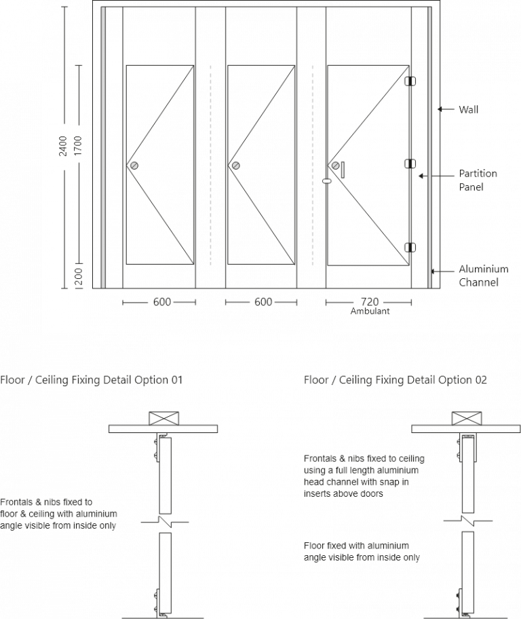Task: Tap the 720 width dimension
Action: (370, 302)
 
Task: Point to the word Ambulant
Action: (370, 312)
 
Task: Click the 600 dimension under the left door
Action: (161, 302)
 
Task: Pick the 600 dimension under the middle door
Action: (263, 302)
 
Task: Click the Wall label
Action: (469, 109)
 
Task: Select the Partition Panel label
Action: (478, 180)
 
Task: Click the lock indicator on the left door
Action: (134, 165)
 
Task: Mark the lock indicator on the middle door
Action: (236, 165)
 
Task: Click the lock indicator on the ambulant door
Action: (335, 165)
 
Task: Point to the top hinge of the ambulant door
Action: (409, 80)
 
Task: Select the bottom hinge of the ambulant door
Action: (409, 248)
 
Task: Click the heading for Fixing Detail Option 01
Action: (92, 380)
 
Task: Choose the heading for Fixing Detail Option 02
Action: (395, 380)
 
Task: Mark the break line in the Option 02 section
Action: (467, 521)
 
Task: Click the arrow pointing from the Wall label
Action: (445, 109)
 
